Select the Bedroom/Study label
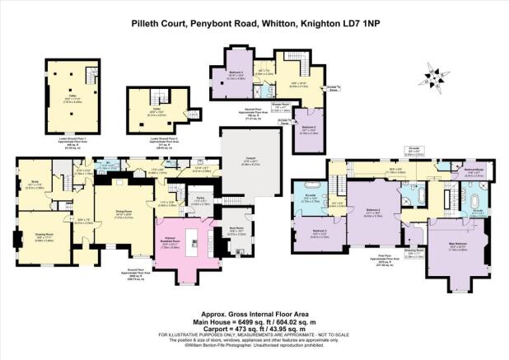(x=473, y=170)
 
